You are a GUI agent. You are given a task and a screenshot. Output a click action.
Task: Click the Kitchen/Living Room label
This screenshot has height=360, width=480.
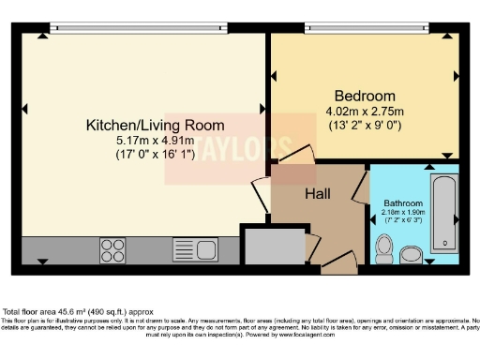(x=155, y=125)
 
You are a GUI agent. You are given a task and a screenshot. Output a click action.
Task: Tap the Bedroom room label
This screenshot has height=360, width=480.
(x=365, y=96)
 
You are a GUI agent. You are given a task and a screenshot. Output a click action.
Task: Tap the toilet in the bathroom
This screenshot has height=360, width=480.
(x=382, y=247)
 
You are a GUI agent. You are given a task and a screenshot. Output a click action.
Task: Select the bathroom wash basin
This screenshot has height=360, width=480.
(x=412, y=254)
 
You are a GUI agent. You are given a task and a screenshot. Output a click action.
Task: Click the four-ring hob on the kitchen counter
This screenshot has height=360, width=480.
(x=113, y=249)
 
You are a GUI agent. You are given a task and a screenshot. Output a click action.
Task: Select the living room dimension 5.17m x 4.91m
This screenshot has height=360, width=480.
(x=155, y=141)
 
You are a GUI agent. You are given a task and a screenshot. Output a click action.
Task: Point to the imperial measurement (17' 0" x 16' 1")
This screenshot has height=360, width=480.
(x=155, y=155)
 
